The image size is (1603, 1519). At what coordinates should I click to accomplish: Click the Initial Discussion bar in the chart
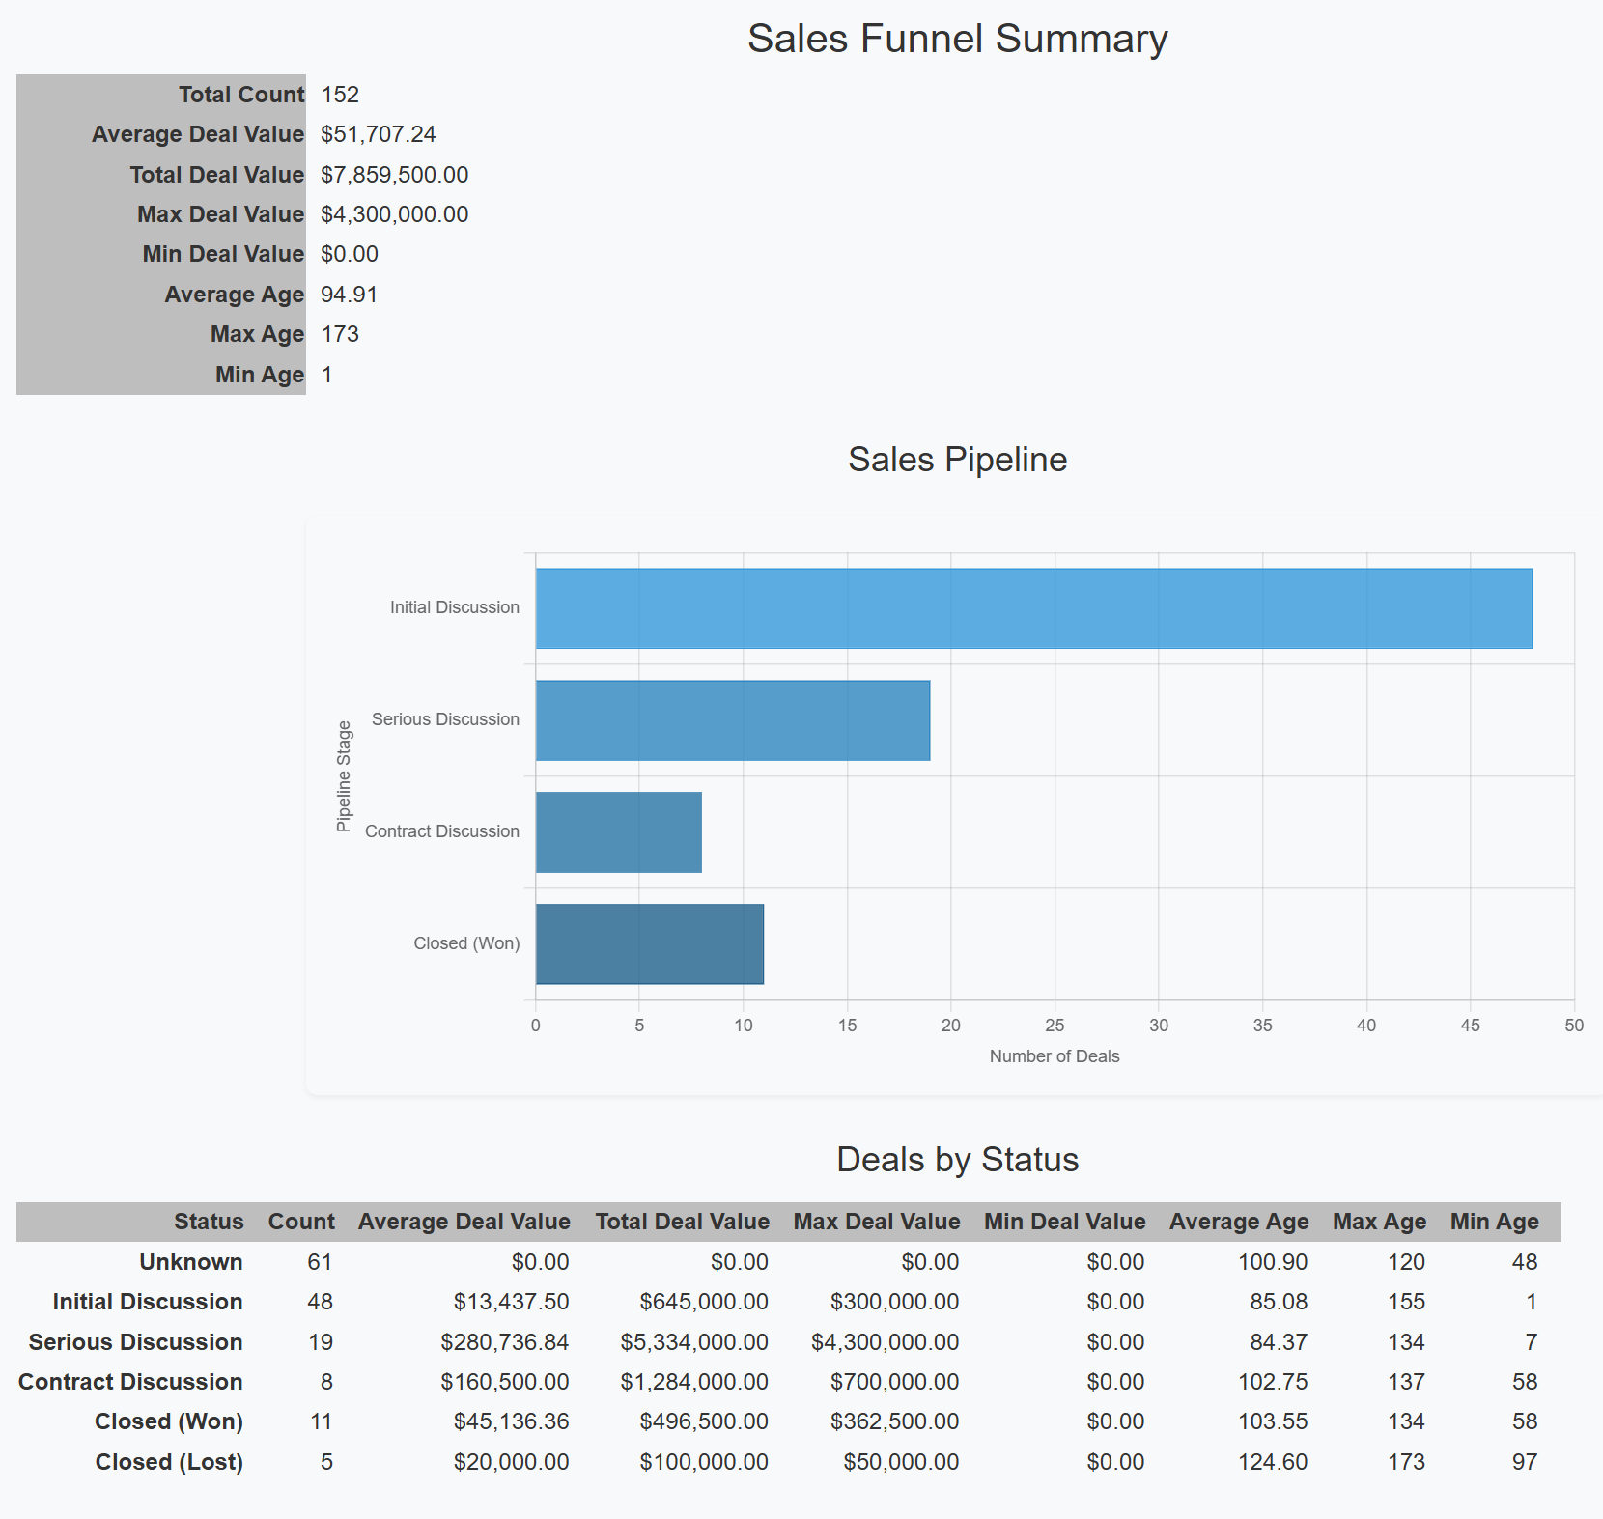point(1033,608)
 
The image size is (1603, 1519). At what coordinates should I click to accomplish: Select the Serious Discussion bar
point(732,720)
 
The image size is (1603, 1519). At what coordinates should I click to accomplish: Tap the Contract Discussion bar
point(618,832)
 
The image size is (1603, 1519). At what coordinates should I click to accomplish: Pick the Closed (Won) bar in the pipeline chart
point(649,944)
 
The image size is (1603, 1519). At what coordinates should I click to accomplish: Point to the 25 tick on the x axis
point(1055,1026)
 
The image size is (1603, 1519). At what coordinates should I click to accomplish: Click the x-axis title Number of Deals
point(1054,1056)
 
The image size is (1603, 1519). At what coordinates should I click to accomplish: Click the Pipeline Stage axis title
point(344,776)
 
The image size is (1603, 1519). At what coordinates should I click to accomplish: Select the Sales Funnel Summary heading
point(957,40)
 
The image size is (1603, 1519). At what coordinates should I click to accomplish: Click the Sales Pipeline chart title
point(957,460)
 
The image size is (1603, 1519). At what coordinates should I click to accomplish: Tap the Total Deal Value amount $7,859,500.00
point(394,175)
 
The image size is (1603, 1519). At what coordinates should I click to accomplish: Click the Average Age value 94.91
point(349,295)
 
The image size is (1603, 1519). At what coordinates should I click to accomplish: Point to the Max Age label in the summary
point(257,334)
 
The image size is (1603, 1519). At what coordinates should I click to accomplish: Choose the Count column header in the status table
point(301,1222)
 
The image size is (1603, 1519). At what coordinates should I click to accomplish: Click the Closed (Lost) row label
point(169,1462)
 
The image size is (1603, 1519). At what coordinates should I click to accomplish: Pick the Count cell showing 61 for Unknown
point(320,1262)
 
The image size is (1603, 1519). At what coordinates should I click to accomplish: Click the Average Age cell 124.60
point(1272,1462)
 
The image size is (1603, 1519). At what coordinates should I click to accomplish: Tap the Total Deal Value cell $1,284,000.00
point(693,1382)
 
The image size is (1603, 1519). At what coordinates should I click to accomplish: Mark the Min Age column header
point(1494,1222)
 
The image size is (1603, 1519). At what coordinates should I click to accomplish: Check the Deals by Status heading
point(957,1160)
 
